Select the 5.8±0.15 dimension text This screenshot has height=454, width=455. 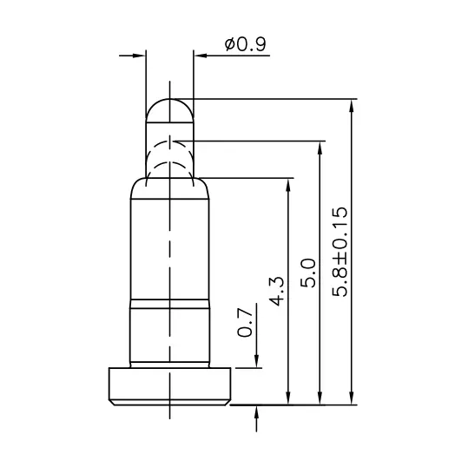[x=340, y=252]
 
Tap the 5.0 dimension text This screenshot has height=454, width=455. [x=306, y=274]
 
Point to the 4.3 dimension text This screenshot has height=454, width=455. [x=275, y=289]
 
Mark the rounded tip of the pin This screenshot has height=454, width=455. [x=170, y=108]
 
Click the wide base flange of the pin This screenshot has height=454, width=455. [x=170, y=385]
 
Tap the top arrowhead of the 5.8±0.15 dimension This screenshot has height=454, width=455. [x=352, y=107]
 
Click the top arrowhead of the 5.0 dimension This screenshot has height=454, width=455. [x=320, y=146]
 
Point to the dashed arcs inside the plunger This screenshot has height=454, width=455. [x=170, y=156]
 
